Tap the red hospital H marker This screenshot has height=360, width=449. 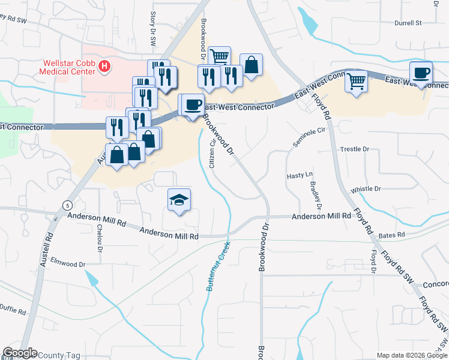pyautogui.click(x=105, y=67)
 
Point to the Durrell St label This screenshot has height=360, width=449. pyautogui.click(x=408, y=23)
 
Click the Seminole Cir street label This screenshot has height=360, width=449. pyautogui.click(x=309, y=139)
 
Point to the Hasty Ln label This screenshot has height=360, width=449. pyautogui.click(x=301, y=175)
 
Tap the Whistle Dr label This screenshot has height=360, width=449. pyautogui.click(x=366, y=188)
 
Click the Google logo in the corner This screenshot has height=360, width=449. pyautogui.click(x=20, y=353)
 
